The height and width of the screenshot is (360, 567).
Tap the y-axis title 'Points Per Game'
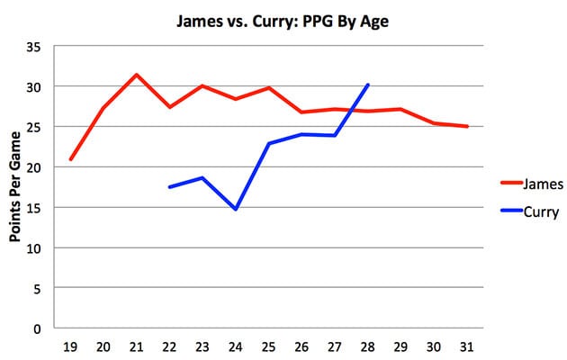tap(16, 187)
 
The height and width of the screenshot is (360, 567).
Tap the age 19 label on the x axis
tap(70, 346)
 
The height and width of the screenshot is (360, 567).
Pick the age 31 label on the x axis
tap(467, 346)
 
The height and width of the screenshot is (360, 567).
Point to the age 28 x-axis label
tap(367, 346)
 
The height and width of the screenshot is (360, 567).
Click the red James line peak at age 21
tap(136, 75)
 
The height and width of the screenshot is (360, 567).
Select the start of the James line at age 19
tap(70, 159)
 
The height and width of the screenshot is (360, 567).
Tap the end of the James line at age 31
tap(467, 127)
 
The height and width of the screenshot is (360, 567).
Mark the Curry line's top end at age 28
tap(368, 85)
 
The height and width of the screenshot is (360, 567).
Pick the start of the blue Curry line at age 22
tap(169, 187)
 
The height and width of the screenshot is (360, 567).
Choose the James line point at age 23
tap(202, 85)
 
